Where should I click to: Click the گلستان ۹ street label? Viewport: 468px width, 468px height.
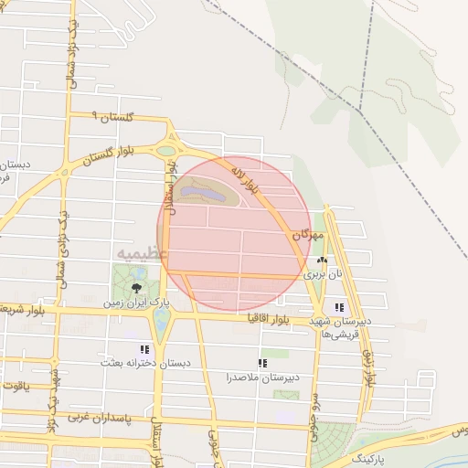[x=113, y=117]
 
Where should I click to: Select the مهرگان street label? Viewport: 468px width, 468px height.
[x=308, y=236]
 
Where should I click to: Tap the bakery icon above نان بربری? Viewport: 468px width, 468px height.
[x=322, y=260]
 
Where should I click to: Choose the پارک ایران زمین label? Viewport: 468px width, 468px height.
[x=136, y=301]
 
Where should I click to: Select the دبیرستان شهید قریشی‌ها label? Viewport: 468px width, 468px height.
[x=338, y=327]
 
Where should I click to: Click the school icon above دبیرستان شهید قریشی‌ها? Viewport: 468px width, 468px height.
[x=339, y=308]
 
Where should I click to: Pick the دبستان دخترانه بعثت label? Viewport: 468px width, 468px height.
[x=144, y=363]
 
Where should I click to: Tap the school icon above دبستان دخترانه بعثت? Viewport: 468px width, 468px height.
[x=144, y=349]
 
